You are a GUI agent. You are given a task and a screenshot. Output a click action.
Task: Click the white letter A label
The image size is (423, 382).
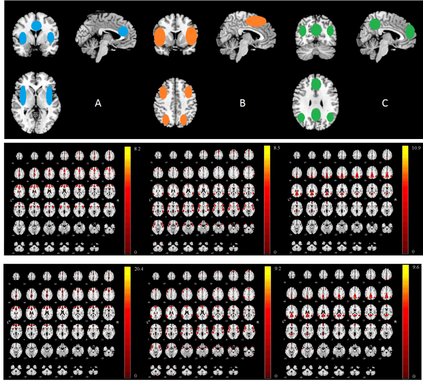[98, 103]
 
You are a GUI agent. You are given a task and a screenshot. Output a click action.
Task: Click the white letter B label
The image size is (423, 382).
[242, 103]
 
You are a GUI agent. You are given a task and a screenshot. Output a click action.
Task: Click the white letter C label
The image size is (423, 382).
[384, 103]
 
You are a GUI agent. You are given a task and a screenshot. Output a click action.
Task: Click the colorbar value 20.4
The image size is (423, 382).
[138, 269]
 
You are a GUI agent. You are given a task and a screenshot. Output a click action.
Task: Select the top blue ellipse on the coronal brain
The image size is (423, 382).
[36, 25]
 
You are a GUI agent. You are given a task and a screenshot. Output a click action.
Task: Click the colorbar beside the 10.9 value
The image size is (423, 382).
[403, 200]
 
